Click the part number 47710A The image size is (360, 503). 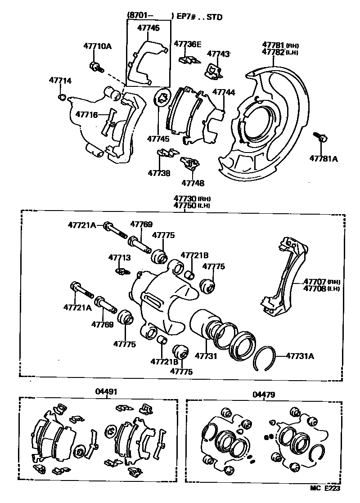point(97,45)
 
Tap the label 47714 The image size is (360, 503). point(60,81)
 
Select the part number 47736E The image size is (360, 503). point(188,44)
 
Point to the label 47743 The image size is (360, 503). point(218,54)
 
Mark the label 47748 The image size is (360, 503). point(193,183)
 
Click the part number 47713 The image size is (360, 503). point(119,257)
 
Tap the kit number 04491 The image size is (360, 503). point(106,391)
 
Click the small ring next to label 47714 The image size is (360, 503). point(63,97)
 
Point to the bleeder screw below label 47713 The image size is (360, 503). point(122,271)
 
